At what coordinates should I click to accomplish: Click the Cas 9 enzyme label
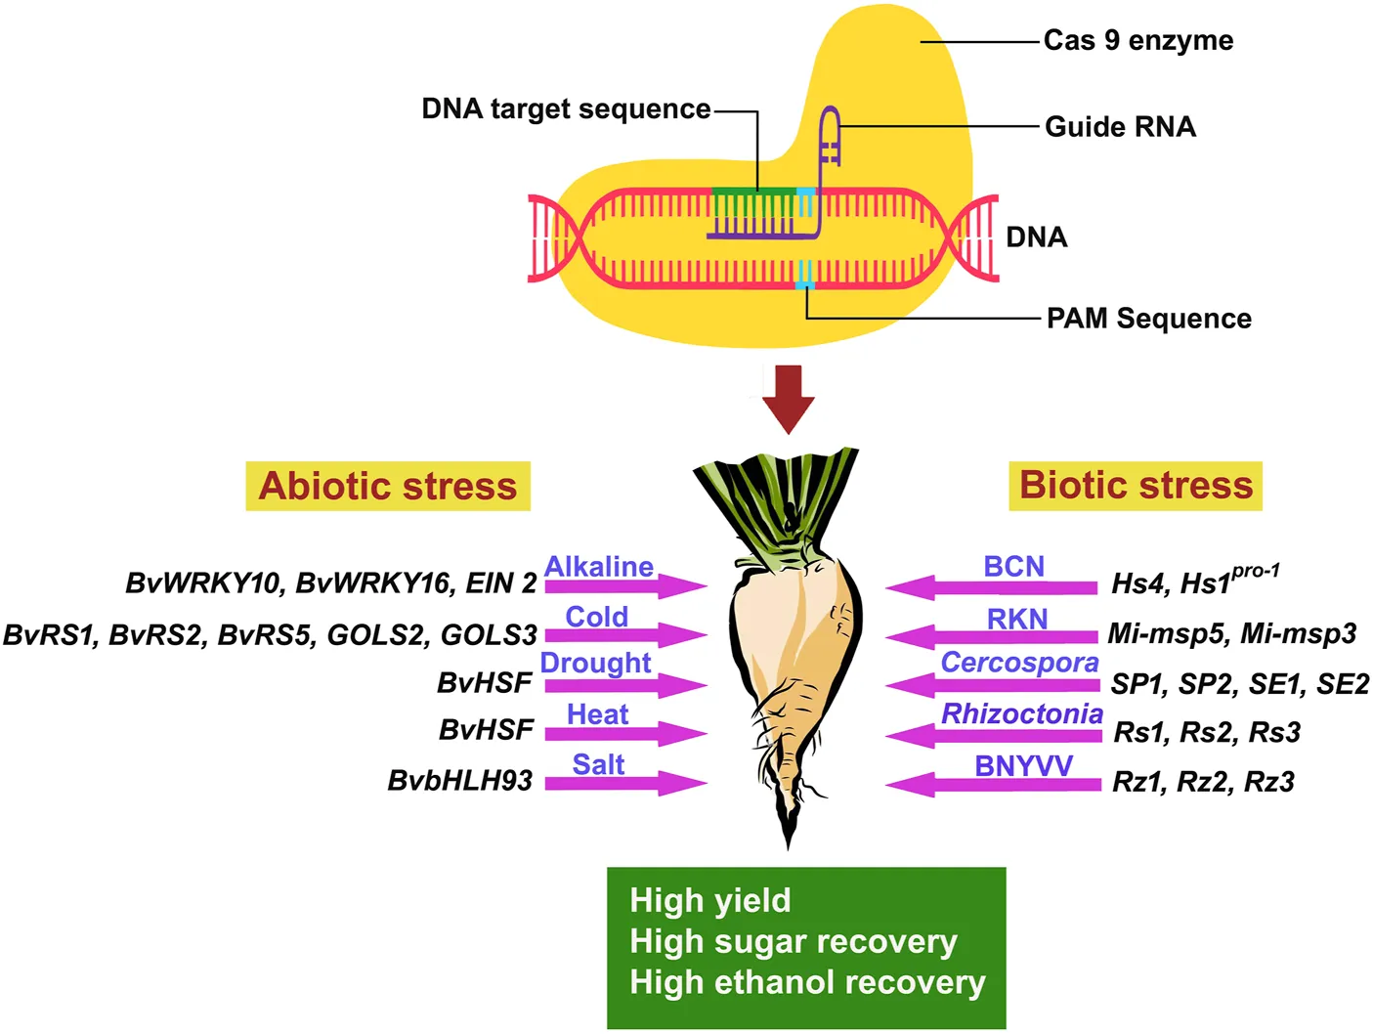click(1137, 41)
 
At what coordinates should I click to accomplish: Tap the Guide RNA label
click(1120, 127)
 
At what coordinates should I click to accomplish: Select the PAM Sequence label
click(1148, 319)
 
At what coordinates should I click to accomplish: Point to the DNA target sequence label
click(566, 108)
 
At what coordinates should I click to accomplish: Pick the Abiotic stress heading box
click(388, 486)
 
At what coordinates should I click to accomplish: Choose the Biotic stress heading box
click(1136, 486)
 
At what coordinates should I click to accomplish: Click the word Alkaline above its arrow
click(598, 567)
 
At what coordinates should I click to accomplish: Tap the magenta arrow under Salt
click(625, 783)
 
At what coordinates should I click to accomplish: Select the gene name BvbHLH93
click(460, 781)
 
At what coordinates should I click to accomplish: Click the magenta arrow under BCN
click(991, 587)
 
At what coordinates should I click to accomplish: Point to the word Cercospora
click(1019, 663)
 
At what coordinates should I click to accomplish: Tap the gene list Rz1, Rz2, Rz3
click(1203, 782)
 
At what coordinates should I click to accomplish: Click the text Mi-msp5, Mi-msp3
click(1231, 634)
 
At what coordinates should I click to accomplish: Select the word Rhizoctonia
click(1022, 714)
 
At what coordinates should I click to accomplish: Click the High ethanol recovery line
click(807, 982)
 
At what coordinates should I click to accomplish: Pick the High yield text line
click(710, 900)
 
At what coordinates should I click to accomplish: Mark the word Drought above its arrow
click(595, 663)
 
